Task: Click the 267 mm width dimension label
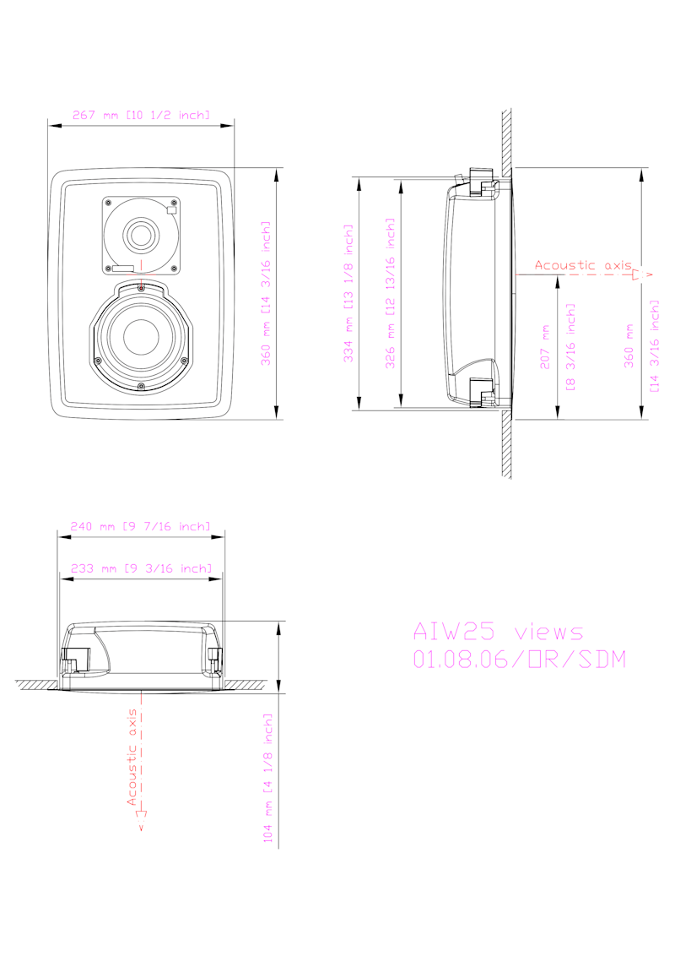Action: coord(141,115)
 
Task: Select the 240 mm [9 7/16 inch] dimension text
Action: coord(140,526)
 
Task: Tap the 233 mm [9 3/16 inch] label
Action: coord(142,568)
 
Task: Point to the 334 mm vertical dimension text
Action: coord(348,293)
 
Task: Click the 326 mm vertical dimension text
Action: coord(391,293)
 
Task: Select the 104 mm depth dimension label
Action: coord(267,779)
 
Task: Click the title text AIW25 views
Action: coord(499,632)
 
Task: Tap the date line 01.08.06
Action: coord(520,659)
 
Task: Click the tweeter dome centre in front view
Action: coord(142,235)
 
